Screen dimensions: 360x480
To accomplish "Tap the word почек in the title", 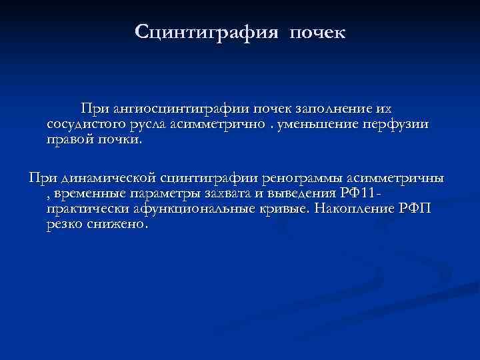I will (317, 32).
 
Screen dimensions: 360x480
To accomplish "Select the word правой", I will (69, 140).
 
